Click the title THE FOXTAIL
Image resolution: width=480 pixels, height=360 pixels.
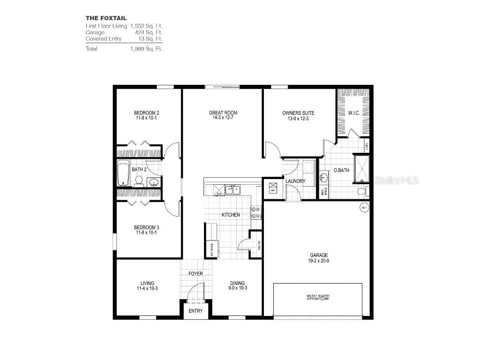(106, 18)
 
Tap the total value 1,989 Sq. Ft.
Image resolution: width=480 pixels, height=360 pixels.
(146, 49)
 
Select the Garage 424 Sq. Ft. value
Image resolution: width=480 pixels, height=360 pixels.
(150, 32)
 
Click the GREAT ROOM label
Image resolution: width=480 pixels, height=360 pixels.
(223, 113)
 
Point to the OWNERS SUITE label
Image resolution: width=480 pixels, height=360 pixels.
(298, 113)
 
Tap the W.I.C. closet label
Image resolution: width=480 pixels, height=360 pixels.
(353, 113)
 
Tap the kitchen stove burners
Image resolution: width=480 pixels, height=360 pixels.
(256, 213)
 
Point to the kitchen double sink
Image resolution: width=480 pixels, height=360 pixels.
(233, 190)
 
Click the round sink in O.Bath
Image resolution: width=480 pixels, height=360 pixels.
(323, 178)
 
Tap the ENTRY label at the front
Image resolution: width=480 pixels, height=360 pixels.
(195, 311)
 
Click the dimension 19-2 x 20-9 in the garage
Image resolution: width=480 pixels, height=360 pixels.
(318, 261)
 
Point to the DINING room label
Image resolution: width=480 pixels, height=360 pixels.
(237, 283)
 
